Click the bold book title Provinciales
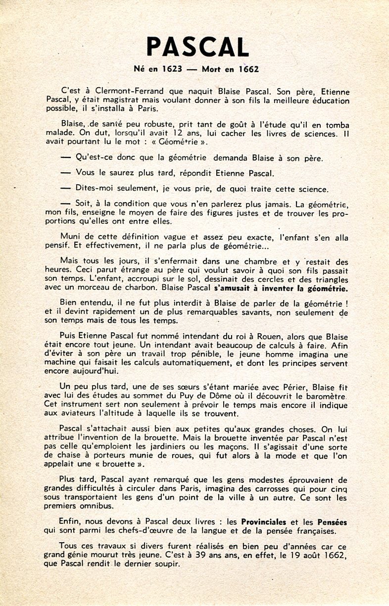pyautogui.click(x=272, y=522)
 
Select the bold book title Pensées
pyautogui.click(x=331, y=522)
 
